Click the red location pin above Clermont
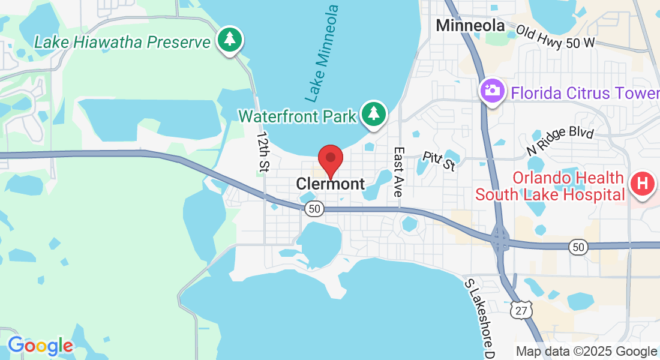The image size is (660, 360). pos(330,160)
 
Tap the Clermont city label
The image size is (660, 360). pos(331,184)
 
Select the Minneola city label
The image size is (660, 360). pos(470,25)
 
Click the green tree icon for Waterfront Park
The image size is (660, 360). pos(374,113)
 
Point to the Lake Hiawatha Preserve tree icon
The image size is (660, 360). pos(229,40)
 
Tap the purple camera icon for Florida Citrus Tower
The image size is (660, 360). pos(492,91)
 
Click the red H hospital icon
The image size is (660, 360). pos(643,183)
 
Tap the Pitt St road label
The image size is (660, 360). pos(439,160)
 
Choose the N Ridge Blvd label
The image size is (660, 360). pos(560,141)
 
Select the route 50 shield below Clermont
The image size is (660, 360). pos(314,209)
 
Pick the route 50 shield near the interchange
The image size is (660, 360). pos(578,247)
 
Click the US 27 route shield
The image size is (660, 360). pos(519,310)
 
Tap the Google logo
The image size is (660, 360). pos(40,346)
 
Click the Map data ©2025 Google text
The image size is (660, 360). pos(586,352)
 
